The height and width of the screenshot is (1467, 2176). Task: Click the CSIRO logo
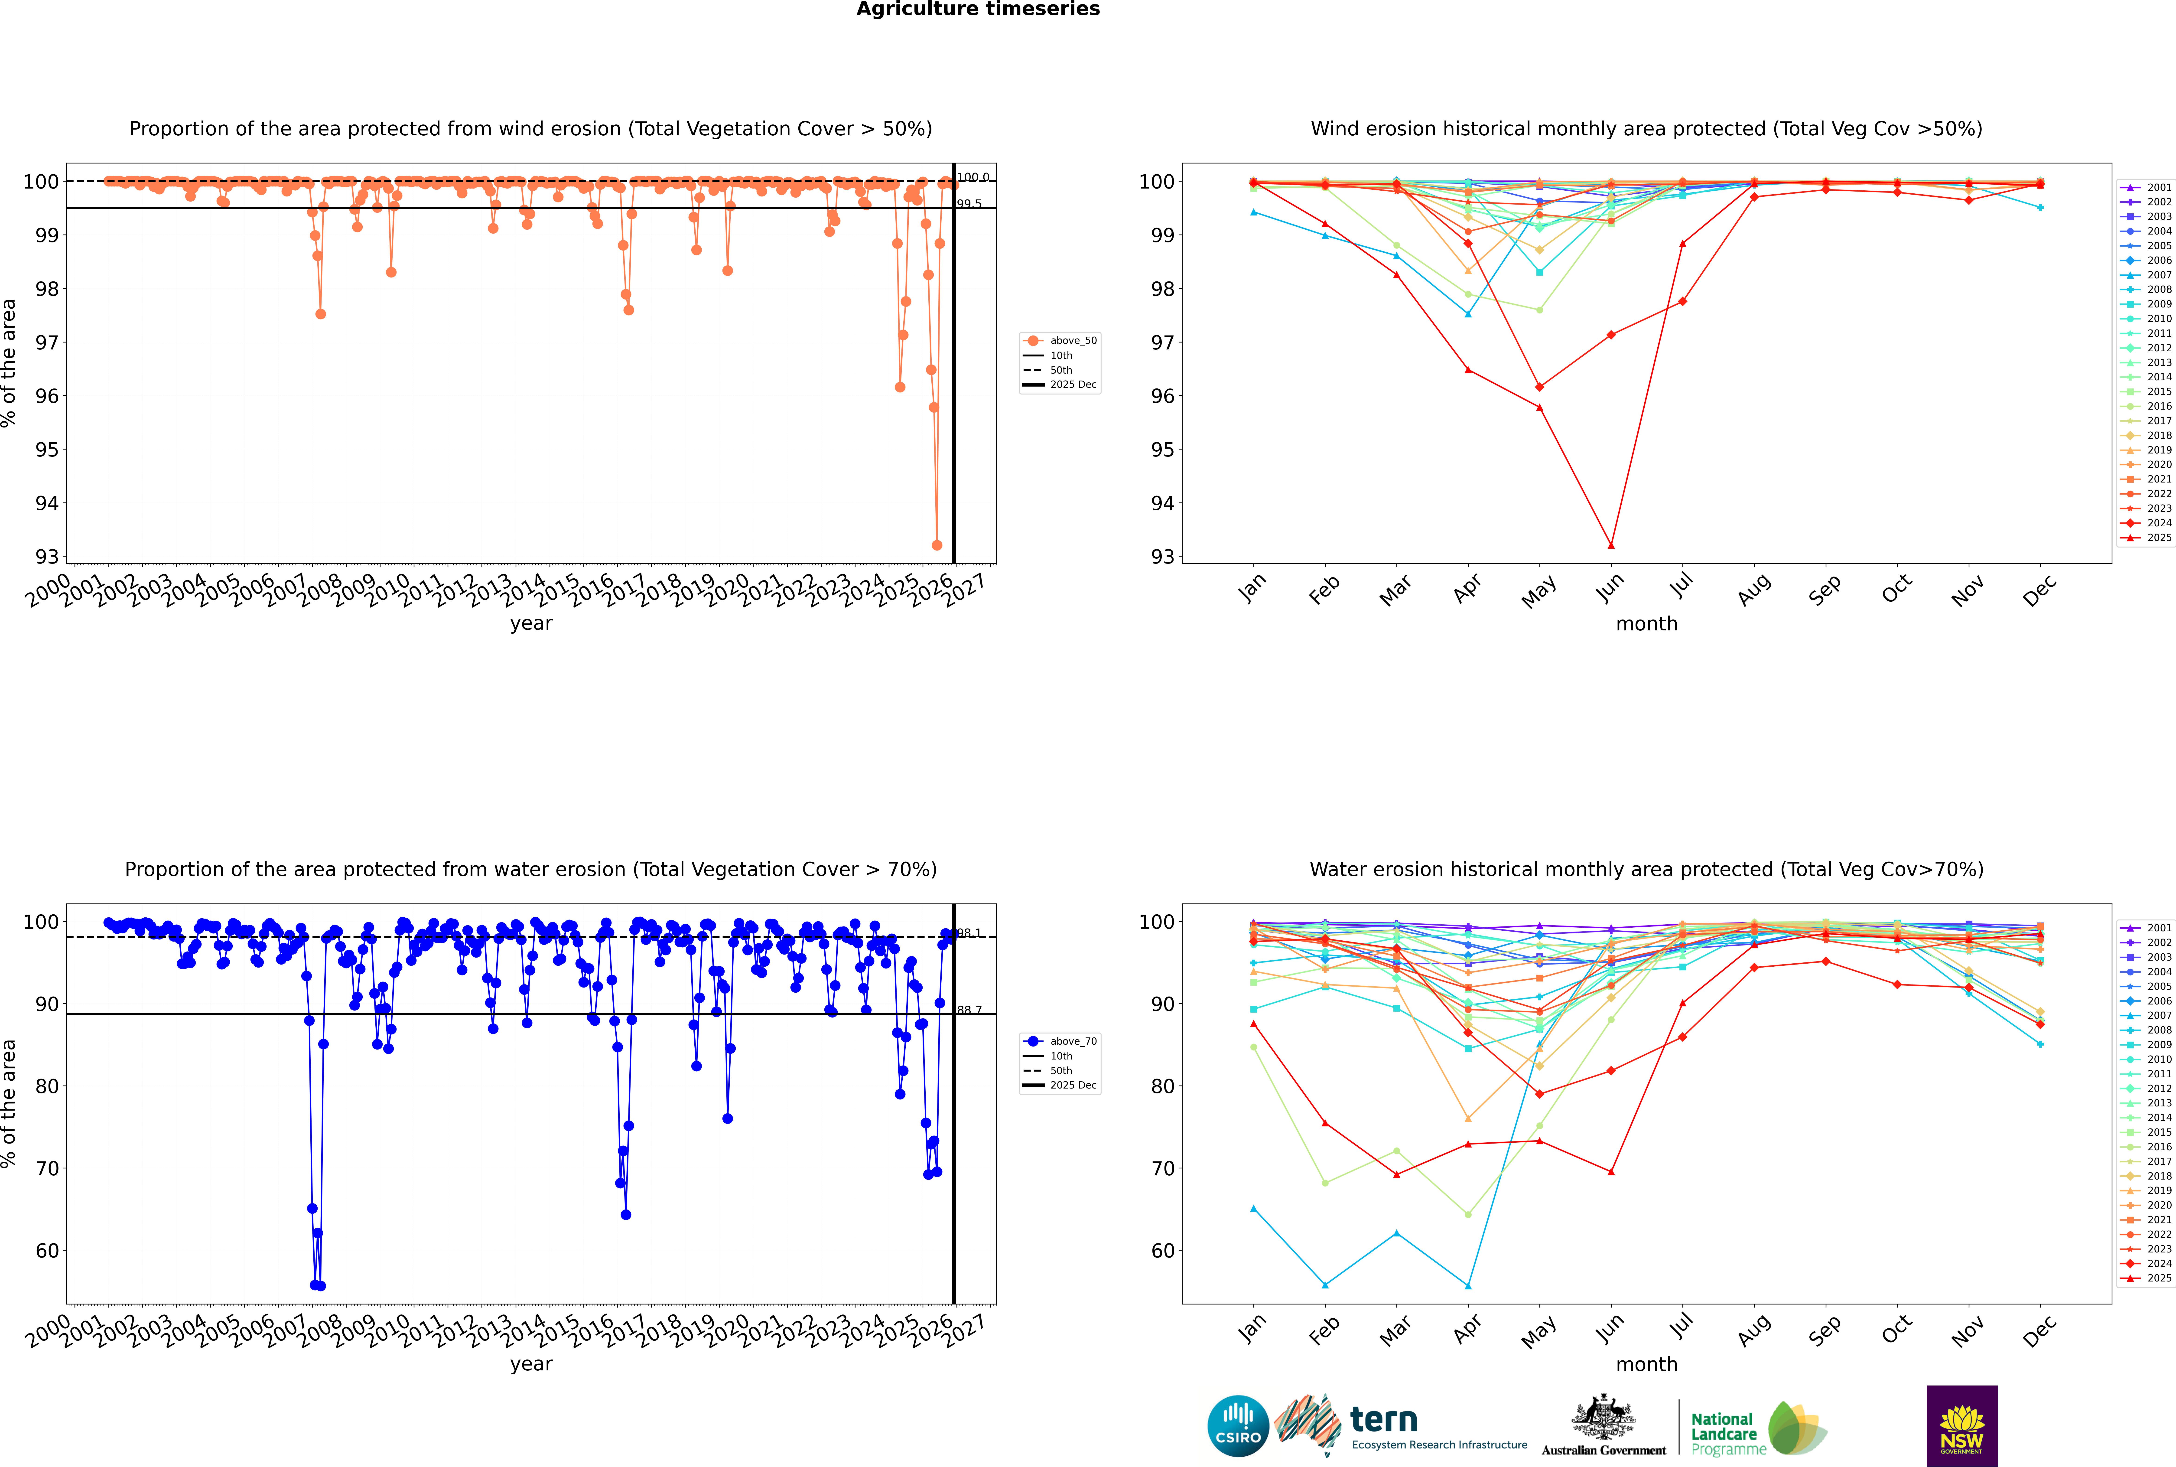[x=1238, y=1426]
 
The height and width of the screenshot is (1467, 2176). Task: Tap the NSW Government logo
[x=1962, y=1426]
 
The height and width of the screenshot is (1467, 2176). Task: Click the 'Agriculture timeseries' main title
[x=978, y=9]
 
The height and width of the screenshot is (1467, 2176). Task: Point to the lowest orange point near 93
[x=937, y=544]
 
